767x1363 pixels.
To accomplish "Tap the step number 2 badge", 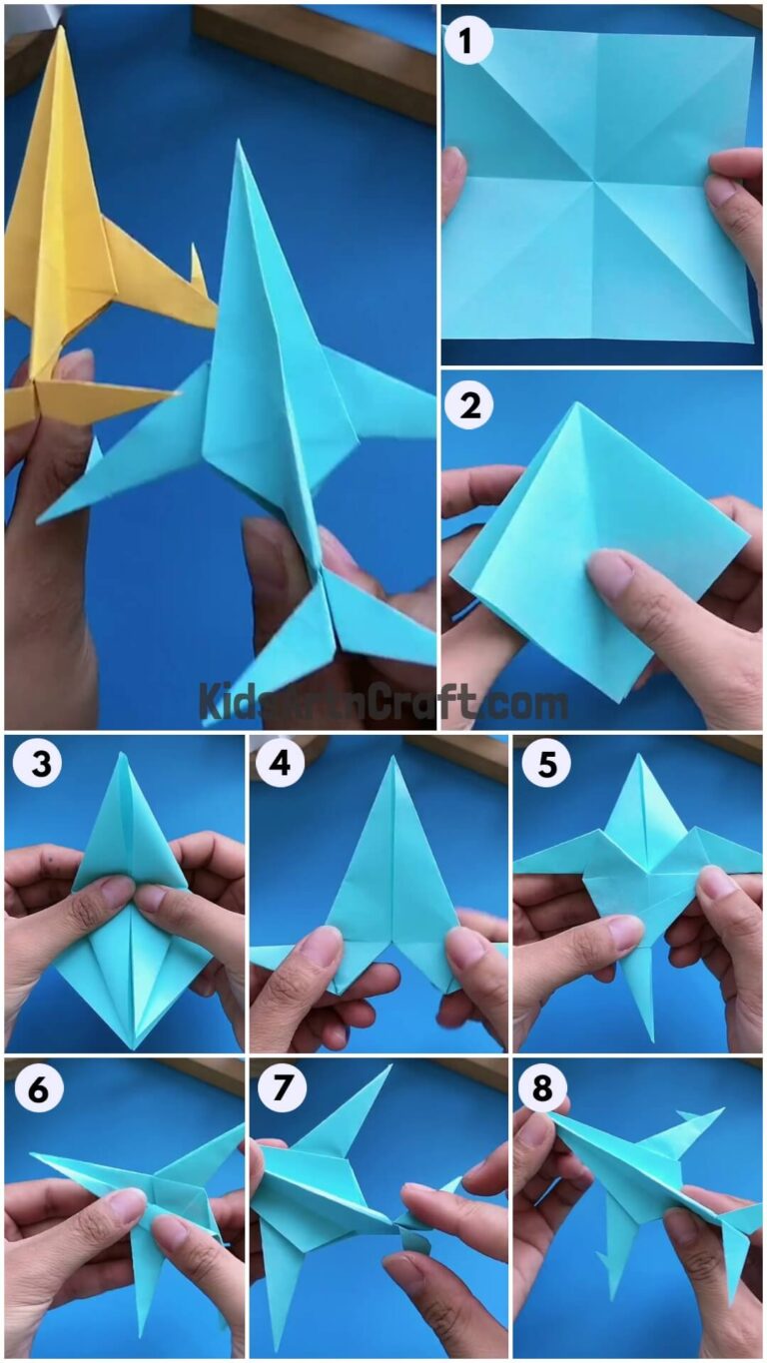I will (469, 407).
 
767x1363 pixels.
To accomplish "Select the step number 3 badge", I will (37, 764).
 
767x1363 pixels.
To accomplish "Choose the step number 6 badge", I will (37, 1088).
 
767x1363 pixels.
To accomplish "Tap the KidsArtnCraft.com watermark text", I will (383, 701).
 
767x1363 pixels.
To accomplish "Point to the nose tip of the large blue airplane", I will (239, 144).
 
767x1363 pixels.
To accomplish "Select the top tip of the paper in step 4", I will (393, 759).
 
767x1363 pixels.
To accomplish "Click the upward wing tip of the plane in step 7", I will (387, 1066).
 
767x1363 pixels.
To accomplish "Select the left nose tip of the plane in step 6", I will (33, 1155).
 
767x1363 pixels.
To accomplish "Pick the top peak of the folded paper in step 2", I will (576, 404).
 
